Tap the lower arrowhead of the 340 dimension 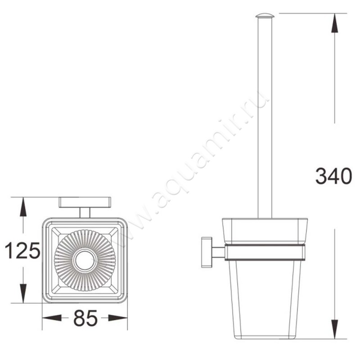(334, 328)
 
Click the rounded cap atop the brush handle (265, 16)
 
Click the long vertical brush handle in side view (265, 117)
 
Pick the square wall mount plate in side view (207, 252)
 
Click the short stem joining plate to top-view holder (85, 212)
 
